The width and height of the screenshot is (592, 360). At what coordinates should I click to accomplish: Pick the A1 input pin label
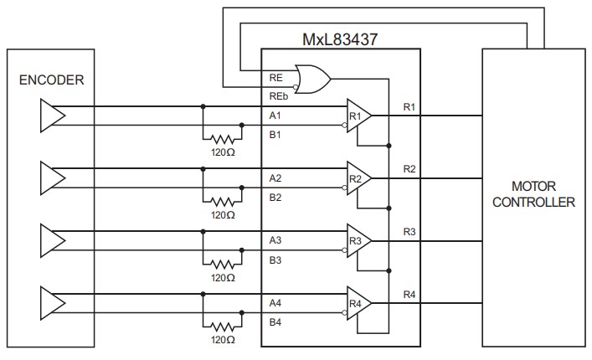(x=275, y=116)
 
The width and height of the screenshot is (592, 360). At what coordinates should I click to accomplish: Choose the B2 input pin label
(x=275, y=198)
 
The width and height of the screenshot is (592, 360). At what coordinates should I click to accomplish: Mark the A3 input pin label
(x=275, y=240)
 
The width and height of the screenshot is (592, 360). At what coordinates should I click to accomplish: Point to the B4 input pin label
(x=275, y=321)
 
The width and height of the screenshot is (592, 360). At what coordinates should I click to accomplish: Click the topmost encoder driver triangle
(x=51, y=116)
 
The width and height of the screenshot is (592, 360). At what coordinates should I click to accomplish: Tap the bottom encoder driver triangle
(x=51, y=302)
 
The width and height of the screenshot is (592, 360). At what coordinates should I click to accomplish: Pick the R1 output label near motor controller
(x=409, y=106)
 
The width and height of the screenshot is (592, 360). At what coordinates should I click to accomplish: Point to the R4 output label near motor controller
(x=409, y=293)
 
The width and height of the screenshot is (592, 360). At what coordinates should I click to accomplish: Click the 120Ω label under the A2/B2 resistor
(x=223, y=215)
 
